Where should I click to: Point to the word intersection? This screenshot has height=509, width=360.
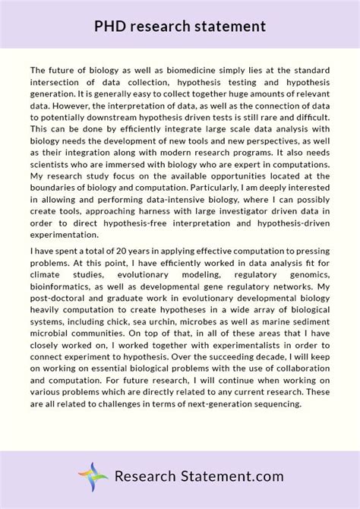tap(60, 81)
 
